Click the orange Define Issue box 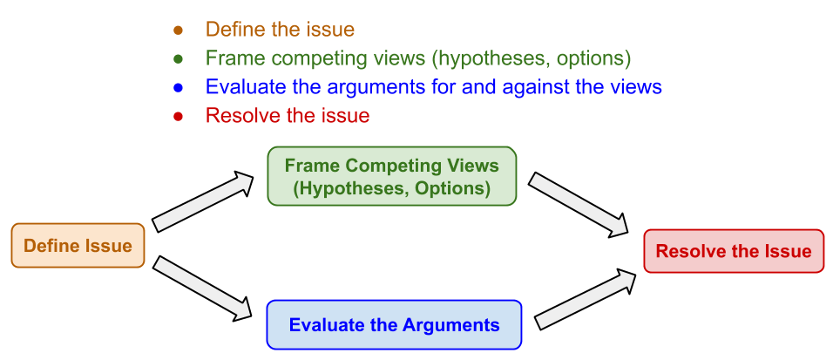coord(78,246)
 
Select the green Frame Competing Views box coord(391,176)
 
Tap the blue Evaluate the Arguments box coord(394,325)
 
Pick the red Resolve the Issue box coord(733,251)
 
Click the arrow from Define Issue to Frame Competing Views coord(203,201)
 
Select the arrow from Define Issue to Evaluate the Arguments coord(203,288)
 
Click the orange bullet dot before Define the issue coord(179,30)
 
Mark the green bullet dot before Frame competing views coord(179,58)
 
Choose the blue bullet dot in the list coord(179,87)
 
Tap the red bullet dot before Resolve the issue coord(179,116)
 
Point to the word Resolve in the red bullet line coord(237,116)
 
